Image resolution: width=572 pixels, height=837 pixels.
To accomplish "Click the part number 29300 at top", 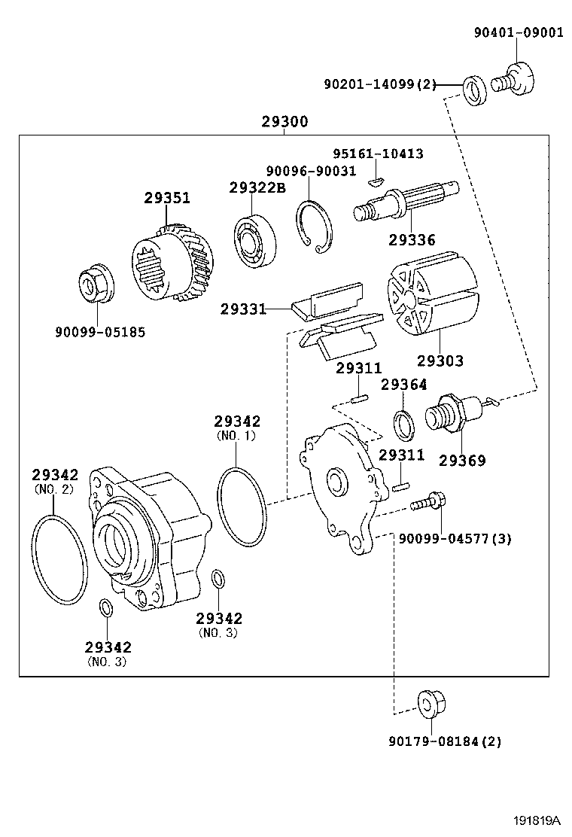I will [284, 121].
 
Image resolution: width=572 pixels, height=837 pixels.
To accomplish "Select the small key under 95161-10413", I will [376, 180].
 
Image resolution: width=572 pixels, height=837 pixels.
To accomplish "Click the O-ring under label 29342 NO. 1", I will [242, 506].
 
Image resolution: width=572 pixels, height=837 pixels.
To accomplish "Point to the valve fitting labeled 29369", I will [452, 415].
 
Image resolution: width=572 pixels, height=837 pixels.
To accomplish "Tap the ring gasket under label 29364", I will [403, 425].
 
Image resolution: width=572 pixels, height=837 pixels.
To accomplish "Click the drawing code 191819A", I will [538, 820].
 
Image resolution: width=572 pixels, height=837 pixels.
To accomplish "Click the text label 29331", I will [243, 309].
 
